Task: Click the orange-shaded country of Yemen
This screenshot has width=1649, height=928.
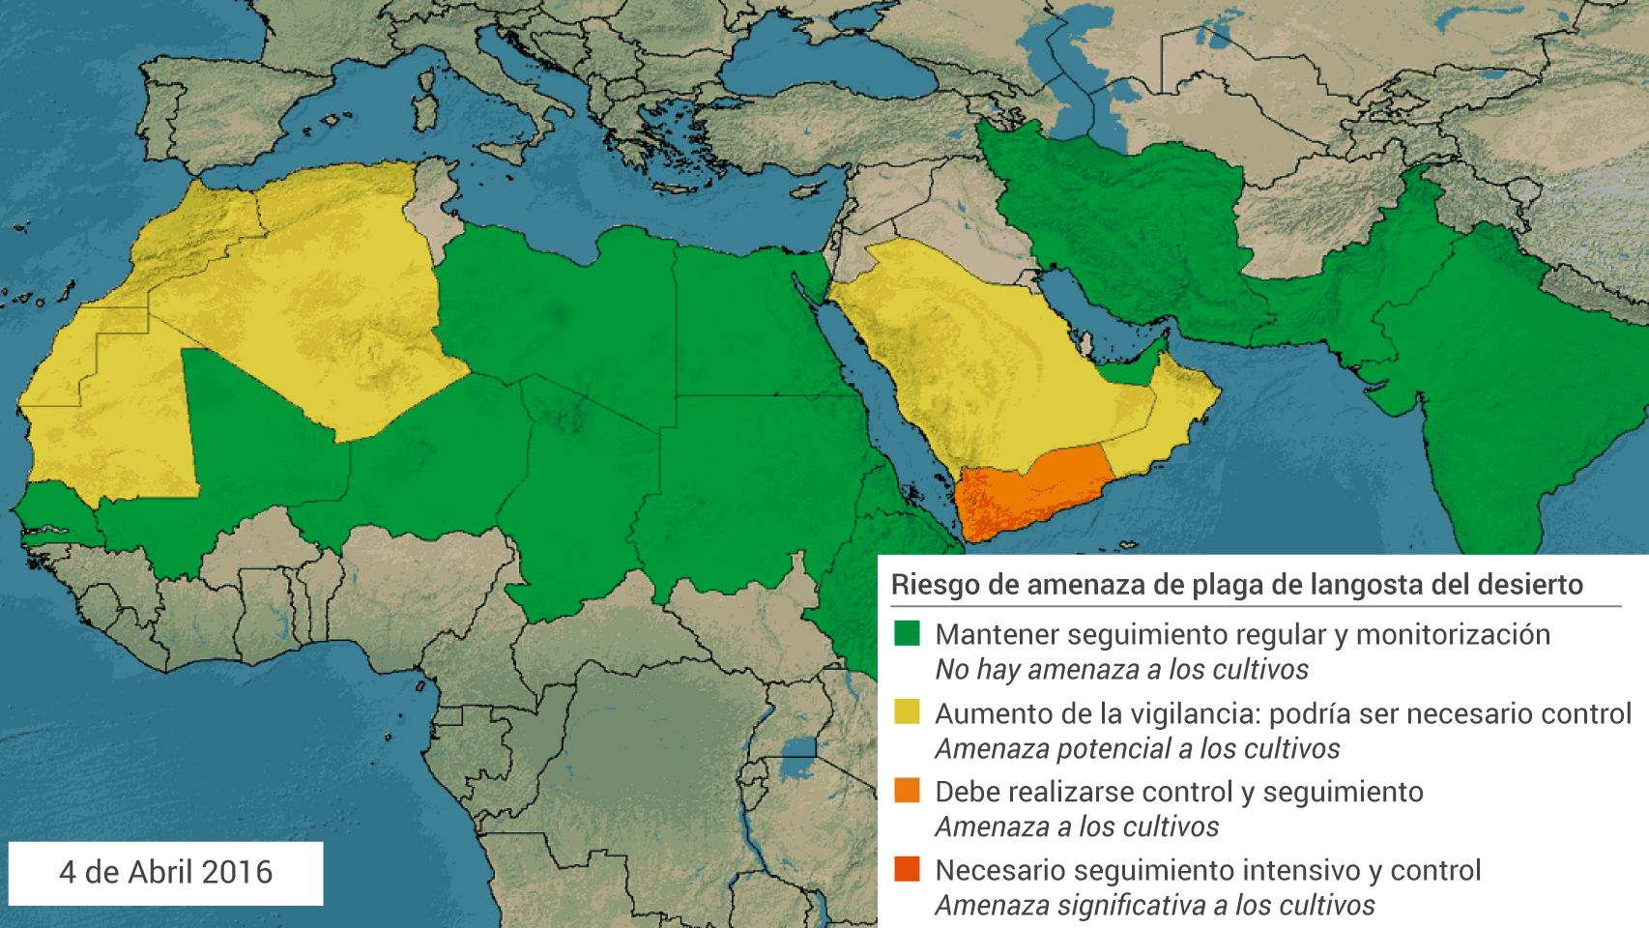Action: coord(1029,493)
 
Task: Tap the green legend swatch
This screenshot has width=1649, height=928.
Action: coord(907,633)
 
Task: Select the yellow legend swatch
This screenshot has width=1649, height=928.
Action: coord(907,711)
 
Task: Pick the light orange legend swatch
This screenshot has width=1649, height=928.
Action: coord(907,790)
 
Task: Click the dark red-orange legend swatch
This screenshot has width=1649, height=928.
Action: coord(907,868)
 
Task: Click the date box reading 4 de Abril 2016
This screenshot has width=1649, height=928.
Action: coord(165,873)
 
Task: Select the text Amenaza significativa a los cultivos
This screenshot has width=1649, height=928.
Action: coord(1154,906)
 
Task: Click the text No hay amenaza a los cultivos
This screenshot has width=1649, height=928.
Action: coord(1121,670)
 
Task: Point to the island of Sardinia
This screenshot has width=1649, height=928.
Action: coord(424,111)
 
